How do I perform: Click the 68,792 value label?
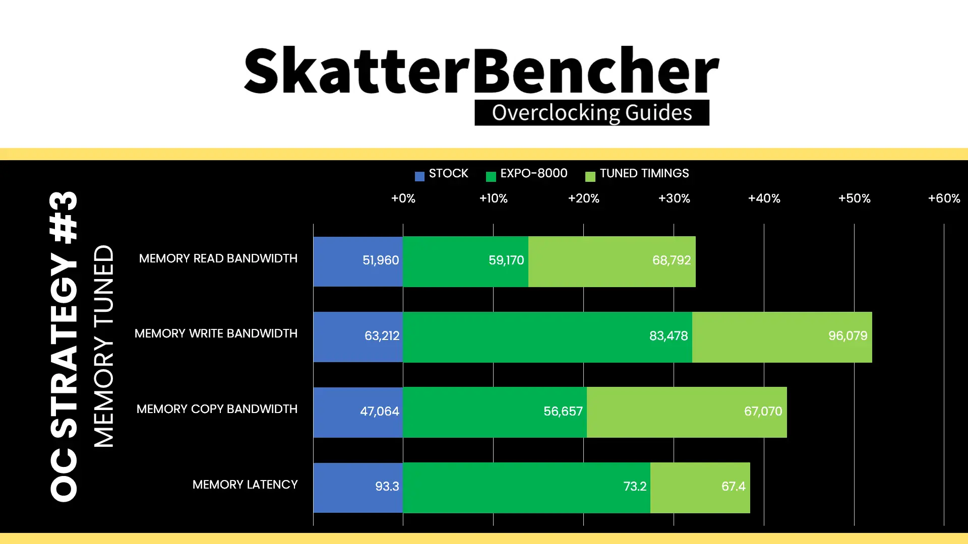pyautogui.click(x=672, y=260)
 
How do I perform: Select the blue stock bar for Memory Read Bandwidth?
pyautogui.click(x=358, y=261)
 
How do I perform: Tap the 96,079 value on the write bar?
pyautogui.click(x=848, y=336)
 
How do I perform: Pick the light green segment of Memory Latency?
pyautogui.click(x=700, y=488)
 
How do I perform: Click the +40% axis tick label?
pyautogui.click(x=764, y=198)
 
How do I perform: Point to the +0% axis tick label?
pyautogui.click(x=403, y=198)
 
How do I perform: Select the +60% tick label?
pyautogui.click(x=944, y=198)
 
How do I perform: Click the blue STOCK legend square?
pyautogui.click(x=419, y=176)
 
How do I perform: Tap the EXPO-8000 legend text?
pyautogui.click(x=534, y=173)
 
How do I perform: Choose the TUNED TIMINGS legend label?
pyautogui.click(x=644, y=173)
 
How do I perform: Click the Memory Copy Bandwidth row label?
pyautogui.click(x=217, y=409)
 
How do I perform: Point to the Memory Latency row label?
pyautogui.click(x=245, y=485)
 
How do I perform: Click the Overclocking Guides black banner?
pyautogui.click(x=592, y=112)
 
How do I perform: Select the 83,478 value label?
pyautogui.click(x=669, y=336)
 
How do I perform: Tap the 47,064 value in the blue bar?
pyautogui.click(x=380, y=412)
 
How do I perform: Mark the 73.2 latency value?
pyautogui.click(x=635, y=487)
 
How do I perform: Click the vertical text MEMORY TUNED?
pyautogui.click(x=104, y=346)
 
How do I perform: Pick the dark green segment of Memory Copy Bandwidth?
pyautogui.click(x=495, y=412)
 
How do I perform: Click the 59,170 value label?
pyautogui.click(x=506, y=260)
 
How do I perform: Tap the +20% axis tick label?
pyautogui.click(x=584, y=198)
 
